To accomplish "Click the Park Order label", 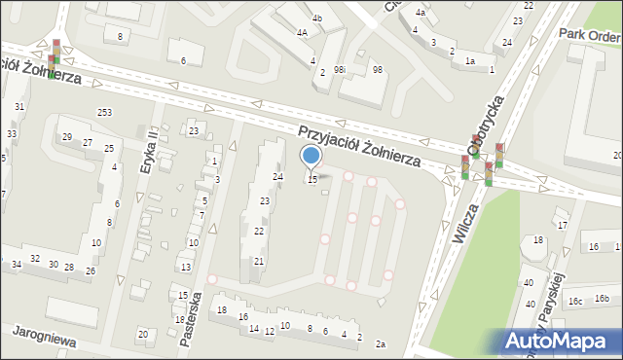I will click(x=589, y=34).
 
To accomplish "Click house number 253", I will click(x=104, y=113).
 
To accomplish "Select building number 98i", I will click(x=339, y=71).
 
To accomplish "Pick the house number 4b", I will click(x=317, y=18).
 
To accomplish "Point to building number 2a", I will click(x=382, y=343).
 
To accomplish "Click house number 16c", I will click(x=575, y=301).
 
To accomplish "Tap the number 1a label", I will click(x=469, y=61).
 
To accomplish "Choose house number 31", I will click(x=19, y=105).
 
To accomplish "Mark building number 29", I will click(x=66, y=137).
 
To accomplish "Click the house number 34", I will click(x=16, y=265).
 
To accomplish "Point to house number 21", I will click(x=259, y=262).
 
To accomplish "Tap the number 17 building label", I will click(x=562, y=225).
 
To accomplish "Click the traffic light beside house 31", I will click(x=55, y=58).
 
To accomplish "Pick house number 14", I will click(x=254, y=329).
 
